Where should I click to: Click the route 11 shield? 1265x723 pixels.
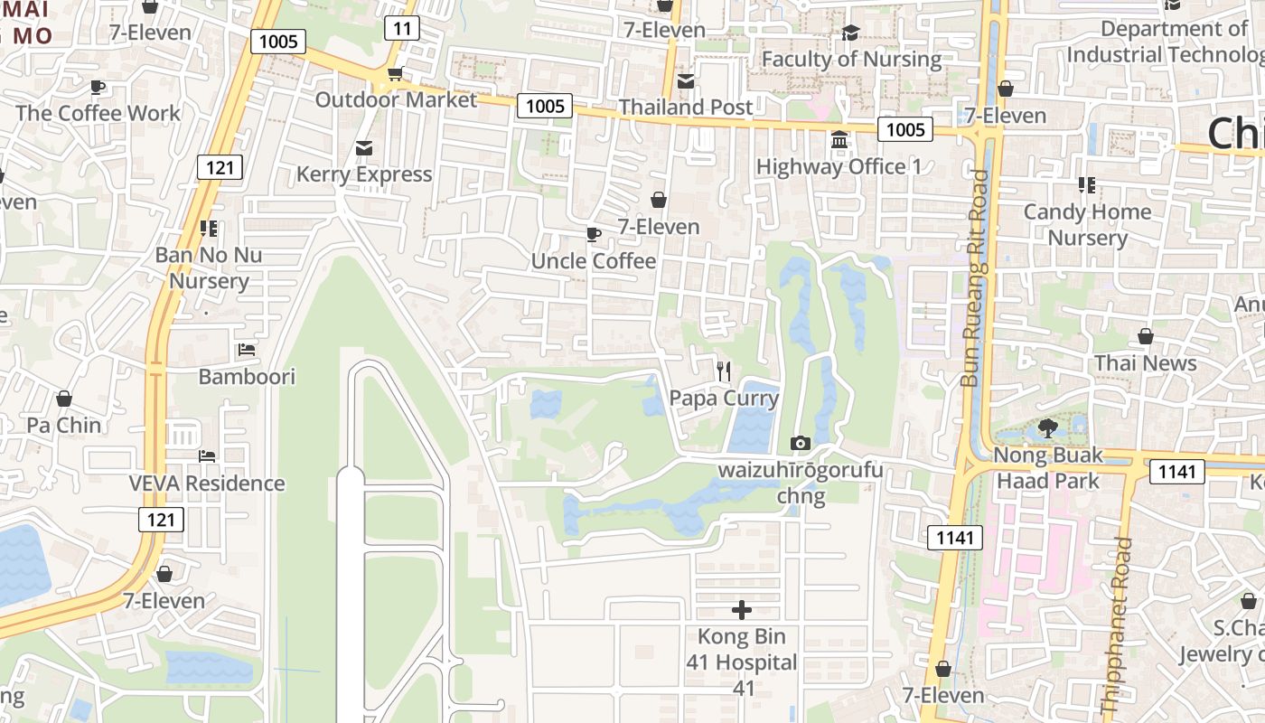(402, 28)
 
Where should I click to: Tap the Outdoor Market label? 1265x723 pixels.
(395, 99)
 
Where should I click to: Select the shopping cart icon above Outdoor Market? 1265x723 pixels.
(395, 74)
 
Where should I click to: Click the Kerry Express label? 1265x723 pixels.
(364, 174)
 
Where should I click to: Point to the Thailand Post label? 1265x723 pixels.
(685, 107)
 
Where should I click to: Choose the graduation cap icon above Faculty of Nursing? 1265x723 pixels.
(850, 34)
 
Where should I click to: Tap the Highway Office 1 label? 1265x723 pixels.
(839, 166)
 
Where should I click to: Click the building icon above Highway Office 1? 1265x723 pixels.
(839, 141)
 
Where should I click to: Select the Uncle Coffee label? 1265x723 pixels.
(594, 261)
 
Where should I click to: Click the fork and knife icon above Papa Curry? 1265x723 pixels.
(723, 371)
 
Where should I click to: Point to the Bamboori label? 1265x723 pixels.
(247, 376)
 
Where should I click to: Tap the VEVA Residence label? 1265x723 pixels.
(207, 484)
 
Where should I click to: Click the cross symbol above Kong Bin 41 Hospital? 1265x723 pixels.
(742, 610)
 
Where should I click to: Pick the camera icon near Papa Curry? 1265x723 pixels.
(800, 443)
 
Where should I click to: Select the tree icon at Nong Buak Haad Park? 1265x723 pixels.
(1048, 427)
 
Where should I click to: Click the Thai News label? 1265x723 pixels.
(1145, 363)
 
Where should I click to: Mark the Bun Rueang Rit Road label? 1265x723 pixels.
(976, 278)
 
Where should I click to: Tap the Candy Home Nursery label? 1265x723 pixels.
(1087, 224)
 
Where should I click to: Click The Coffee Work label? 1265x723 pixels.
(98, 113)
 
